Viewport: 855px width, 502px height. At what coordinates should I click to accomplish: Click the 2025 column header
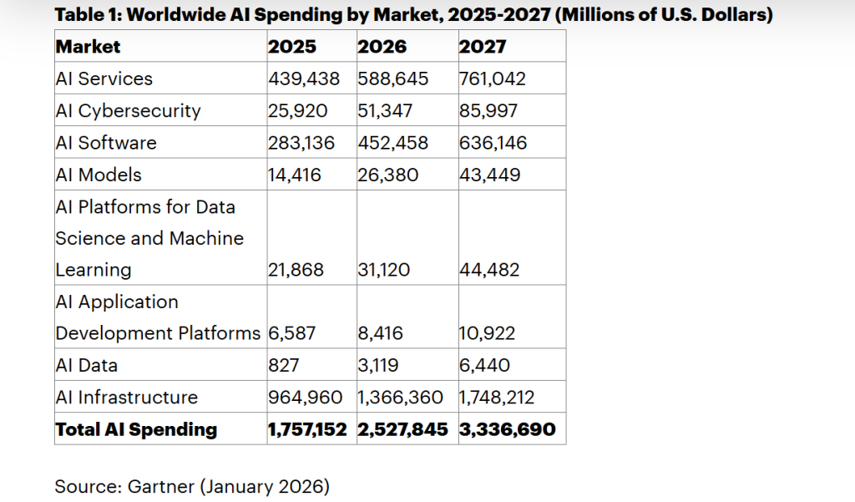(291, 47)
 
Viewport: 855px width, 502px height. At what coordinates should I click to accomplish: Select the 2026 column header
(382, 47)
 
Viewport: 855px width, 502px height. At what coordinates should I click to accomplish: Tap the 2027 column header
(483, 47)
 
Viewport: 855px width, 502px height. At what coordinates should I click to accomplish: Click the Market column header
(88, 47)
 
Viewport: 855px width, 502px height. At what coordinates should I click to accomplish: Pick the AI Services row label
(104, 79)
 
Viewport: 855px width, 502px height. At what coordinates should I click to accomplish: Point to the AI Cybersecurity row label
(128, 110)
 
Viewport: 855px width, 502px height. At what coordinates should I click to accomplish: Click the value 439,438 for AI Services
(304, 79)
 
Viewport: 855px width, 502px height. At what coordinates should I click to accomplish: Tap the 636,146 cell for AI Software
(493, 143)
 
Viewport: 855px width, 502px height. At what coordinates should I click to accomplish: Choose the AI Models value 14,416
(294, 175)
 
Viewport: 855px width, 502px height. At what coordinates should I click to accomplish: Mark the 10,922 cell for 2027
(487, 333)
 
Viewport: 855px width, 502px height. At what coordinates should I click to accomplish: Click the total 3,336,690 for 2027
(507, 429)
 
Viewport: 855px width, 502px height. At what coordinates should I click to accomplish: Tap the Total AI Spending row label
(135, 429)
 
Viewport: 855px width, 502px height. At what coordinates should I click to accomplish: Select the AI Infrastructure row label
(126, 398)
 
